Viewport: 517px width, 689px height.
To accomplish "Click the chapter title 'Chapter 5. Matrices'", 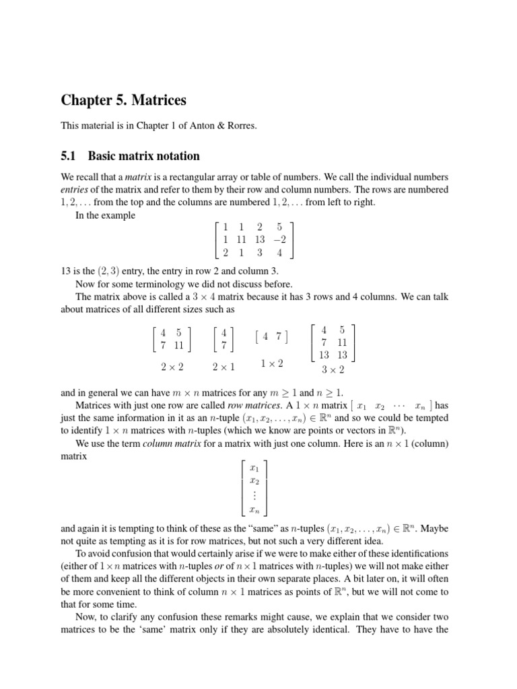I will (x=123, y=100).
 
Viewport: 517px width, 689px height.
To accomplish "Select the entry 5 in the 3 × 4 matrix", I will (x=279, y=227).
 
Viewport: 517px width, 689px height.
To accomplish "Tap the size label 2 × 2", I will (x=172, y=367).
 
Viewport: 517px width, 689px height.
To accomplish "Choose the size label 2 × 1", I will (x=223, y=367).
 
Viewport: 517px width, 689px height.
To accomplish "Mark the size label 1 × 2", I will (x=271, y=363).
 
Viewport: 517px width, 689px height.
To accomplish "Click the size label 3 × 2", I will (x=333, y=369).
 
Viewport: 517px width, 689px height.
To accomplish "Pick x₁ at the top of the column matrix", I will (x=254, y=468).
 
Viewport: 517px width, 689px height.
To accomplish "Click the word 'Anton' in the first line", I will (x=199, y=127).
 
